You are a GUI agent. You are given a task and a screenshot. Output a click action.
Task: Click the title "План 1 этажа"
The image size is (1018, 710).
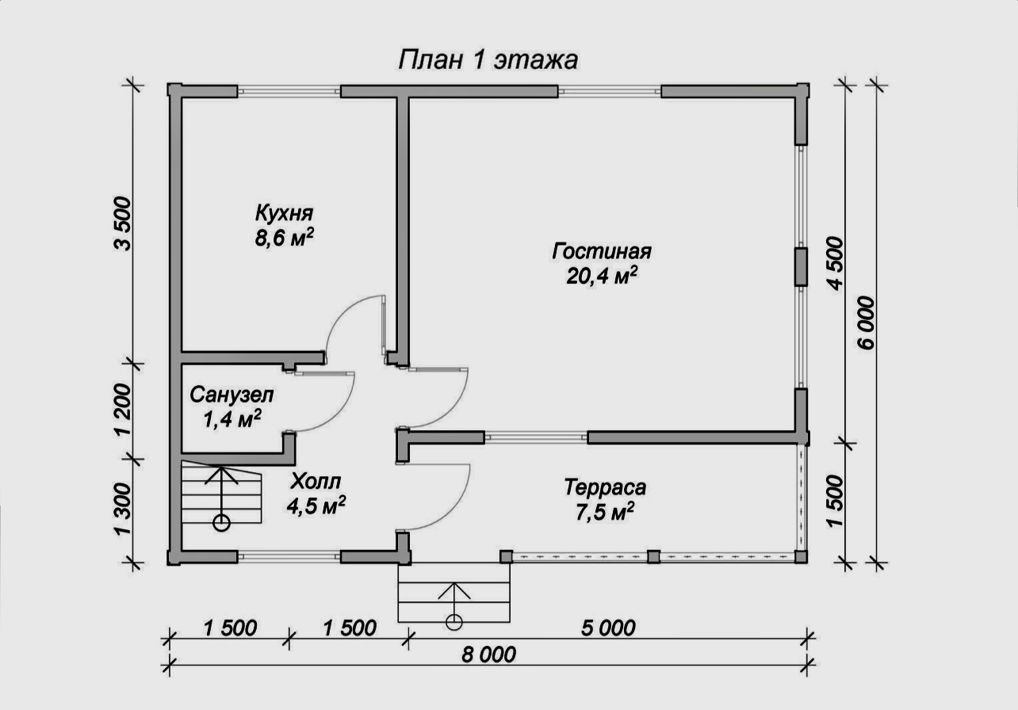tap(488, 60)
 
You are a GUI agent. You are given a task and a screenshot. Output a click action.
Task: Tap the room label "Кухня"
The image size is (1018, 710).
tap(285, 212)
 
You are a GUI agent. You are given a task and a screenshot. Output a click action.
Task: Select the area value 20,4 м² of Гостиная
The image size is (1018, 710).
tap(602, 276)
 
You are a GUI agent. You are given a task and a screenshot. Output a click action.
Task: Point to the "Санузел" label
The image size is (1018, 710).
tap(232, 395)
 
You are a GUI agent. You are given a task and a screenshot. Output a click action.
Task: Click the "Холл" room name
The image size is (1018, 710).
tap(316, 482)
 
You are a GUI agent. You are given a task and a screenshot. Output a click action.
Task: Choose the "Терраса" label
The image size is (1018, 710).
tap(605, 487)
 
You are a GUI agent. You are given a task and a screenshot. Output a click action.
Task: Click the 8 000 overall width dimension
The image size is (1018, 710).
tap(488, 655)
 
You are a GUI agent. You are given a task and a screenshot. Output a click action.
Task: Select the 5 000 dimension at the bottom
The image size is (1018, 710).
tap(608, 628)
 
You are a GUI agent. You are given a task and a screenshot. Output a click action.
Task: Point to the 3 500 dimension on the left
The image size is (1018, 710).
tap(122, 223)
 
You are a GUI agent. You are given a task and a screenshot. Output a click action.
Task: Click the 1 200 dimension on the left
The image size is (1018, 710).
tap(122, 410)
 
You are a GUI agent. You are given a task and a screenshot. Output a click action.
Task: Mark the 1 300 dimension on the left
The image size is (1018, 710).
tap(122, 509)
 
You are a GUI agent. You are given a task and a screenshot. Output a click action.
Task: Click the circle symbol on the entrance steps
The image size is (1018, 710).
tap(454, 622)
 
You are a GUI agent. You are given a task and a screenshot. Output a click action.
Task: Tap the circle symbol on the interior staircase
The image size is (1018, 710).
tap(221, 523)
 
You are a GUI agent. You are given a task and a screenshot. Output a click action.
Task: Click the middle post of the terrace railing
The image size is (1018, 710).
tap(653, 557)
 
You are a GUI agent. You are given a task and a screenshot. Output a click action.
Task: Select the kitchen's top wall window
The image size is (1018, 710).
tap(289, 91)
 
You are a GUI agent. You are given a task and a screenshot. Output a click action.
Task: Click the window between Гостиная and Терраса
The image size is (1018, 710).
tap(536, 437)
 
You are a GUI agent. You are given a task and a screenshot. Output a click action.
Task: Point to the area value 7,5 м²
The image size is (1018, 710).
tap(604, 513)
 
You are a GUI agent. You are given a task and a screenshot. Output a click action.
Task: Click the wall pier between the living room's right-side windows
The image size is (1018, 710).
tap(801, 267)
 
